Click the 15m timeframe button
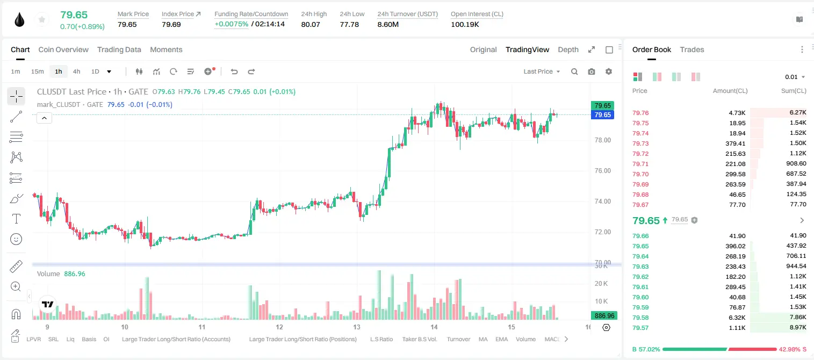click(x=38, y=71)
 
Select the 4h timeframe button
click(x=76, y=71)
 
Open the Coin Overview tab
click(x=63, y=49)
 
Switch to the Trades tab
click(x=692, y=49)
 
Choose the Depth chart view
click(x=568, y=49)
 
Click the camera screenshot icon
click(x=592, y=71)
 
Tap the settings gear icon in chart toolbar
click(x=609, y=71)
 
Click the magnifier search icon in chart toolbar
click(x=574, y=71)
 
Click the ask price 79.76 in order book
click(x=640, y=113)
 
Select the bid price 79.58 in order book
click(x=640, y=318)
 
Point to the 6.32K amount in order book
click(x=737, y=318)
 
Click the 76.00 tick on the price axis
click(x=602, y=171)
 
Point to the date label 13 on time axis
click(x=356, y=327)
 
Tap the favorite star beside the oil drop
click(x=42, y=20)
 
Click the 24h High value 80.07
click(x=311, y=24)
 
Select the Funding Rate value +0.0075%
click(x=232, y=24)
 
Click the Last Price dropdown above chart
click(x=542, y=71)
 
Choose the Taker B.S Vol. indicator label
click(x=419, y=339)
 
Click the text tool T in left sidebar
click(x=16, y=219)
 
